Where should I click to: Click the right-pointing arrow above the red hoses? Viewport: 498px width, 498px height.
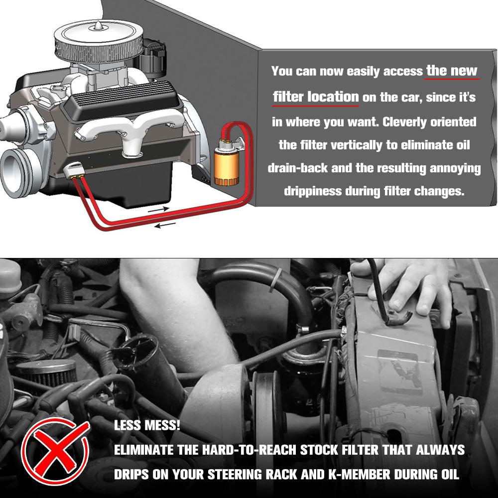pos(158,209)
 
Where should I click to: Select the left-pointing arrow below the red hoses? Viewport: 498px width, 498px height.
pos(165,225)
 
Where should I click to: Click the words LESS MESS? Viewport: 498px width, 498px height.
pos(147,425)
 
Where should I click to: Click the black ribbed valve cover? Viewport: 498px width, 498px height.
pos(123,99)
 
